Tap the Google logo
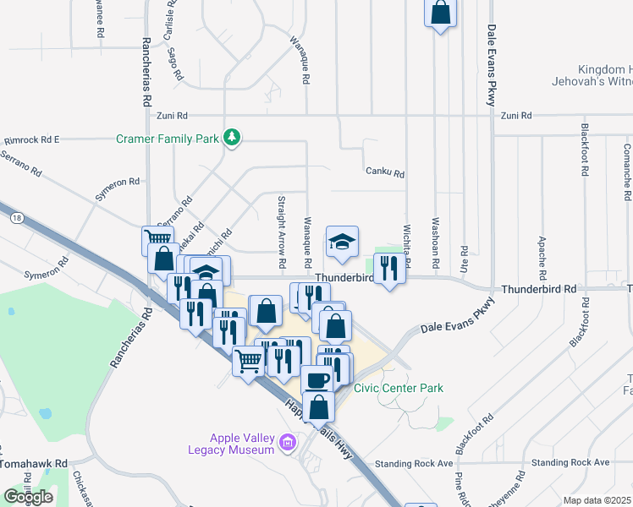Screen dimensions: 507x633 28,497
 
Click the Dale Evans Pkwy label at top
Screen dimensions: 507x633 491,64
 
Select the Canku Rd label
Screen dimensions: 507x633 385,173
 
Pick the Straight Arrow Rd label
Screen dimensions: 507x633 281,224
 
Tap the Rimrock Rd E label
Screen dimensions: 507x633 31,139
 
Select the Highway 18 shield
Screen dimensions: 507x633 16,218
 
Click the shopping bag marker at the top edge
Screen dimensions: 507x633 440,13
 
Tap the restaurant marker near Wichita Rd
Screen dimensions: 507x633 388,269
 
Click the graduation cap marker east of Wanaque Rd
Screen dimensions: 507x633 342,242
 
